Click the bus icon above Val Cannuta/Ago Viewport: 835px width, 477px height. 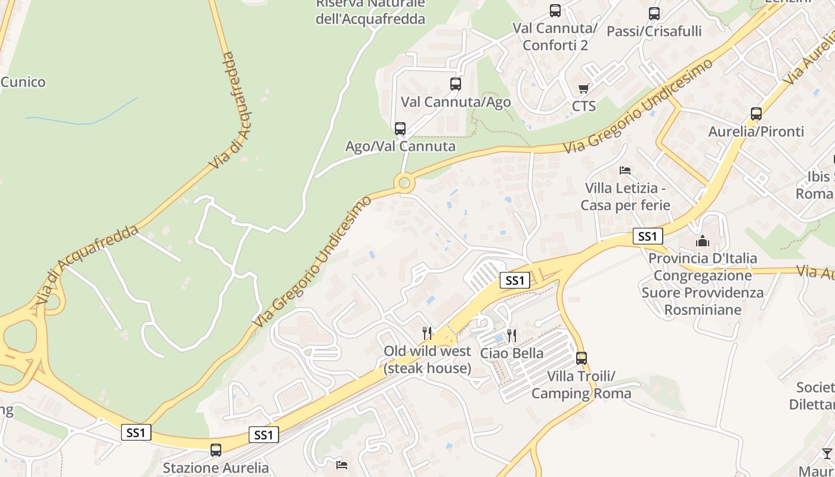point(456,84)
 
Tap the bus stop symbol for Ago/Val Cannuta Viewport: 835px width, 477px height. point(400,128)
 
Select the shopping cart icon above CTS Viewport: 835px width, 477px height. point(584,89)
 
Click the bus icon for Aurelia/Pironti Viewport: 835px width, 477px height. point(756,113)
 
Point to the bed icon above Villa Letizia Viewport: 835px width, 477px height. point(625,171)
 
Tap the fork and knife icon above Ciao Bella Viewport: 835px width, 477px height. point(511,335)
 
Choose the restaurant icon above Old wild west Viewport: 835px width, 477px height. point(427,333)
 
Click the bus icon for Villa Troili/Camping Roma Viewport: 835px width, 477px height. point(582,358)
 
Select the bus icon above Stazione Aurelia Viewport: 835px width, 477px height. point(216,450)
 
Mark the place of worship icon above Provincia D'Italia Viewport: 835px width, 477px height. point(703,241)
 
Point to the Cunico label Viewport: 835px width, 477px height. point(23,82)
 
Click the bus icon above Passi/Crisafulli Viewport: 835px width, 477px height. point(654,13)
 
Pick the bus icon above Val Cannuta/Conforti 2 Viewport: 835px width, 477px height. point(555,11)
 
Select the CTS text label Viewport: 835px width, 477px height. point(584,106)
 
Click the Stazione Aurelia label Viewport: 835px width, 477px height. point(216,467)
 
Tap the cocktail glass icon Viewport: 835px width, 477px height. point(827,454)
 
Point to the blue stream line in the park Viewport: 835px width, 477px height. point(89,120)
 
